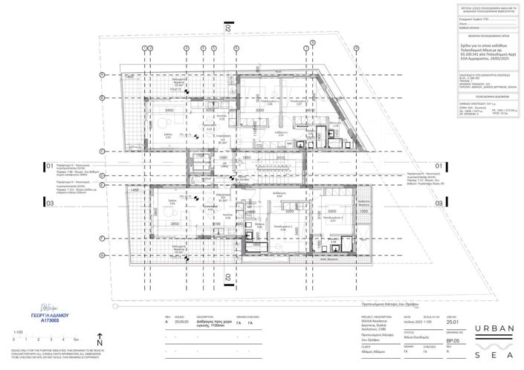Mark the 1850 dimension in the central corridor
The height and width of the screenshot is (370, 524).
click(245, 158)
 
